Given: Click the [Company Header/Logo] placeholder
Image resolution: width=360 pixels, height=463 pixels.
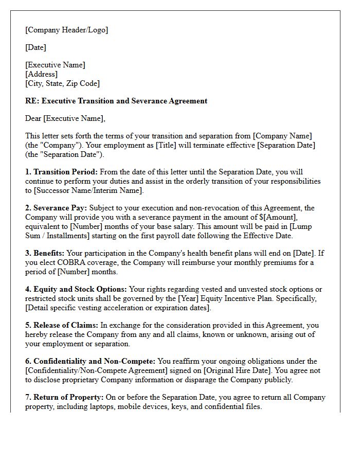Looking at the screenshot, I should [x=66, y=30].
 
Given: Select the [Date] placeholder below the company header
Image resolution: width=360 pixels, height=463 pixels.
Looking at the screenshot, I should [x=35, y=47].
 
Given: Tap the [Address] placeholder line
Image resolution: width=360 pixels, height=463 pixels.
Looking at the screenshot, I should [x=42, y=74].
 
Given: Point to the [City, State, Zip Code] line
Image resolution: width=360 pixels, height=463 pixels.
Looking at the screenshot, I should [x=62, y=83].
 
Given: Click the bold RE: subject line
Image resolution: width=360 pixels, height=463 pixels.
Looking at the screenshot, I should [x=116, y=101].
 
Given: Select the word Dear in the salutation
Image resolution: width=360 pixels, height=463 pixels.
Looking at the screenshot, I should [x=33, y=118].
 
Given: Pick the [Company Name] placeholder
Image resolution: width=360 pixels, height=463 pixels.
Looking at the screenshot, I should [x=282, y=136].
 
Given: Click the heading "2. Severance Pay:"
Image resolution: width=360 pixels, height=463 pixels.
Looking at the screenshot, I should [x=56, y=208].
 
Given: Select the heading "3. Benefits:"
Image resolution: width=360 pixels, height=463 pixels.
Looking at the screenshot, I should [x=44, y=253].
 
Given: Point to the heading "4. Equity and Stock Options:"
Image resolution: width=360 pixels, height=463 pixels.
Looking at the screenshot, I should [x=76, y=289].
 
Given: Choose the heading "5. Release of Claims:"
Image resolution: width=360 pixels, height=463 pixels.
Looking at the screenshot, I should [x=62, y=325].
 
